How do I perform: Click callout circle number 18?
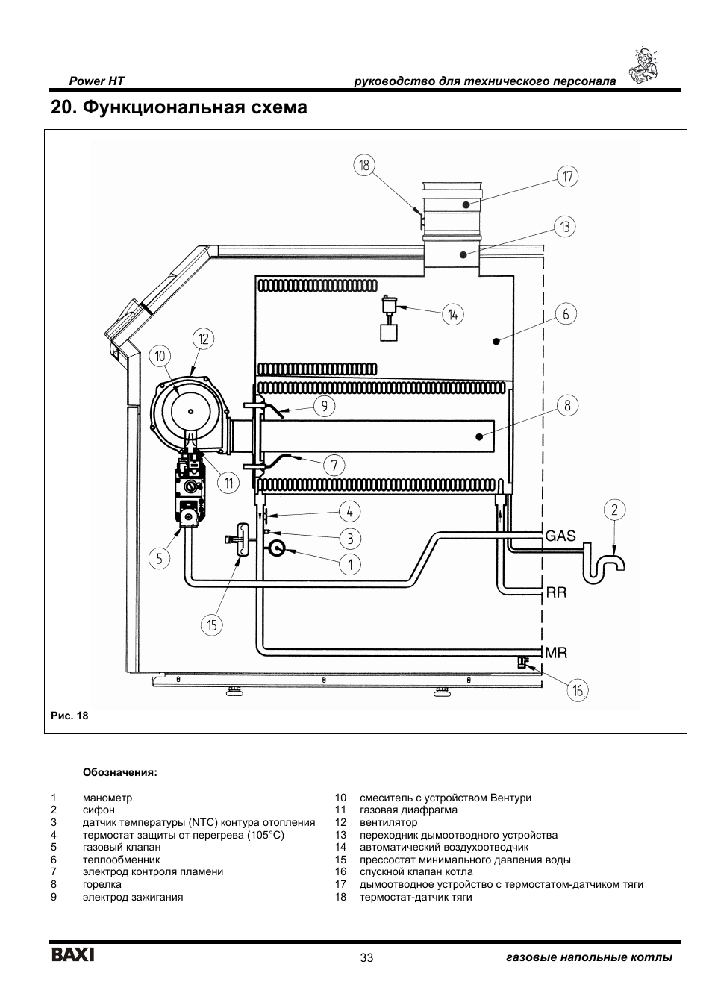[364, 166]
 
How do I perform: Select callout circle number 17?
[567, 177]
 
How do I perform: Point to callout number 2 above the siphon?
[614, 510]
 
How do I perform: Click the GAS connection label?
[560, 536]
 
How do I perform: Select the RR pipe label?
[557, 593]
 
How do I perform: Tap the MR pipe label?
[557, 653]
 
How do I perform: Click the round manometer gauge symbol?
[275, 548]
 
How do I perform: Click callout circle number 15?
[213, 624]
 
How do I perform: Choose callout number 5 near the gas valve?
[159, 558]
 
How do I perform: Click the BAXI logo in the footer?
[72, 955]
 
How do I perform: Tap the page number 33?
[366, 958]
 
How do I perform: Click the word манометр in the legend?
[107, 798]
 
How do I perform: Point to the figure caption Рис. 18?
[69, 716]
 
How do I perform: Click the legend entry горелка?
[102, 884]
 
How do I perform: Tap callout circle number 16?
[577, 691]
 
